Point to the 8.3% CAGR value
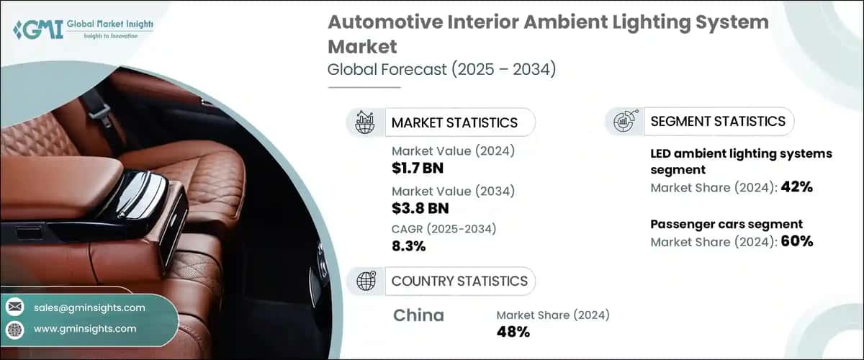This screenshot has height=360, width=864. [408, 246]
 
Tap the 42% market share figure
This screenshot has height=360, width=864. [798, 187]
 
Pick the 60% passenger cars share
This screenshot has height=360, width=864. [798, 241]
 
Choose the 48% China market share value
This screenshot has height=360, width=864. [513, 332]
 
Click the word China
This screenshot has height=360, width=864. [419, 315]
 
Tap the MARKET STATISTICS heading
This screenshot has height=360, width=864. [454, 122]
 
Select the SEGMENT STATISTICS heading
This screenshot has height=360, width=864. [718, 121]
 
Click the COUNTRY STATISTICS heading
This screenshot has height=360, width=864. [459, 281]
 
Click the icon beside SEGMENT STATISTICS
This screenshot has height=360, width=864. [624, 121]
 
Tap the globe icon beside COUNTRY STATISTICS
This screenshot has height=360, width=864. [366, 281]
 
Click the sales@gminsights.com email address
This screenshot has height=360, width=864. [89, 307]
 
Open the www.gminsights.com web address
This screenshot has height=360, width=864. [85, 328]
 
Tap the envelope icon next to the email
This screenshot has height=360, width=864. [15, 307]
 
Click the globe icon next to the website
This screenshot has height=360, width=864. [15, 329]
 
